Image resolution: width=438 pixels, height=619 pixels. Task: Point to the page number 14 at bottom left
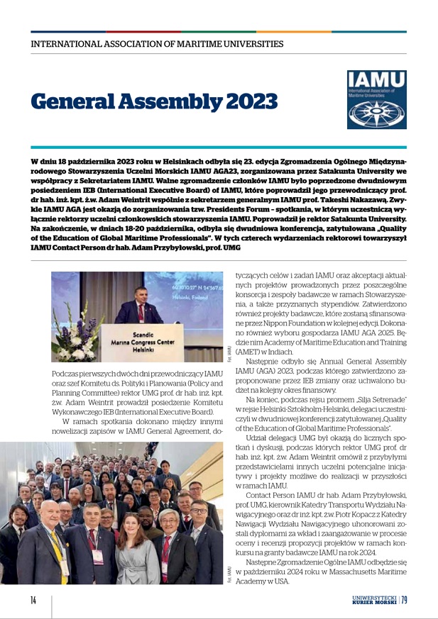pos(33,601)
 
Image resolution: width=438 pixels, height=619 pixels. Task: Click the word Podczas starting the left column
pos(67,374)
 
